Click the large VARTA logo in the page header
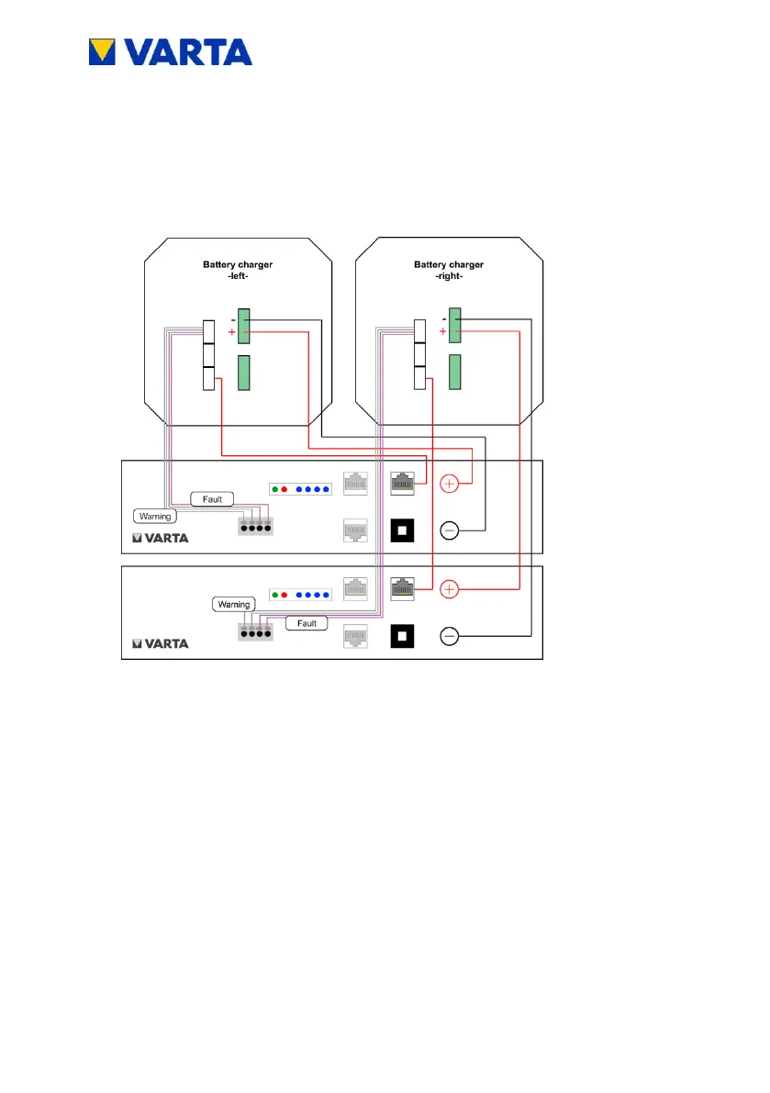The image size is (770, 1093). pyautogui.click(x=170, y=51)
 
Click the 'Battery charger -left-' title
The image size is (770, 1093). pyautogui.click(x=238, y=270)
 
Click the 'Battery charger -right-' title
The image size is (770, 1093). pyautogui.click(x=449, y=270)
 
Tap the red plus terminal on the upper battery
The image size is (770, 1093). pyautogui.click(x=450, y=483)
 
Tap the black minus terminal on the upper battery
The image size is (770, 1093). pyautogui.click(x=450, y=530)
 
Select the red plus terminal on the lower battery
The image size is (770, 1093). pyautogui.click(x=450, y=588)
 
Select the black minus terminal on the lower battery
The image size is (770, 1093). pyautogui.click(x=450, y=636)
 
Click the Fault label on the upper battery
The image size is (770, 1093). pyautogui.click(x=212, y=499)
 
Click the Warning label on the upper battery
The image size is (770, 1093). pyautogui.click(x=155, y=517)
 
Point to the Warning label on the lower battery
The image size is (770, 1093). pyautogui.click(x=234, y=605)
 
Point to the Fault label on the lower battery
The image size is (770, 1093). pyautogui.click(x=307, y=623)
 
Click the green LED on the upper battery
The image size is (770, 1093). pyautogui.click(x=275, y=488)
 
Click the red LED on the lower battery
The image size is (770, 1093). pyautogui.click(x=285, y=594)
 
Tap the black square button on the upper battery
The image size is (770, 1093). pyautogui.click(x=401, y=530)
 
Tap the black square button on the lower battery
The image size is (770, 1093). pyautogui.click(x=401, y=636)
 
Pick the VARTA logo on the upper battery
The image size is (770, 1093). pyautogui.click(x=162, y=539)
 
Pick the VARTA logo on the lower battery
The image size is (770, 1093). pyautogui.click(x=162, y=644)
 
